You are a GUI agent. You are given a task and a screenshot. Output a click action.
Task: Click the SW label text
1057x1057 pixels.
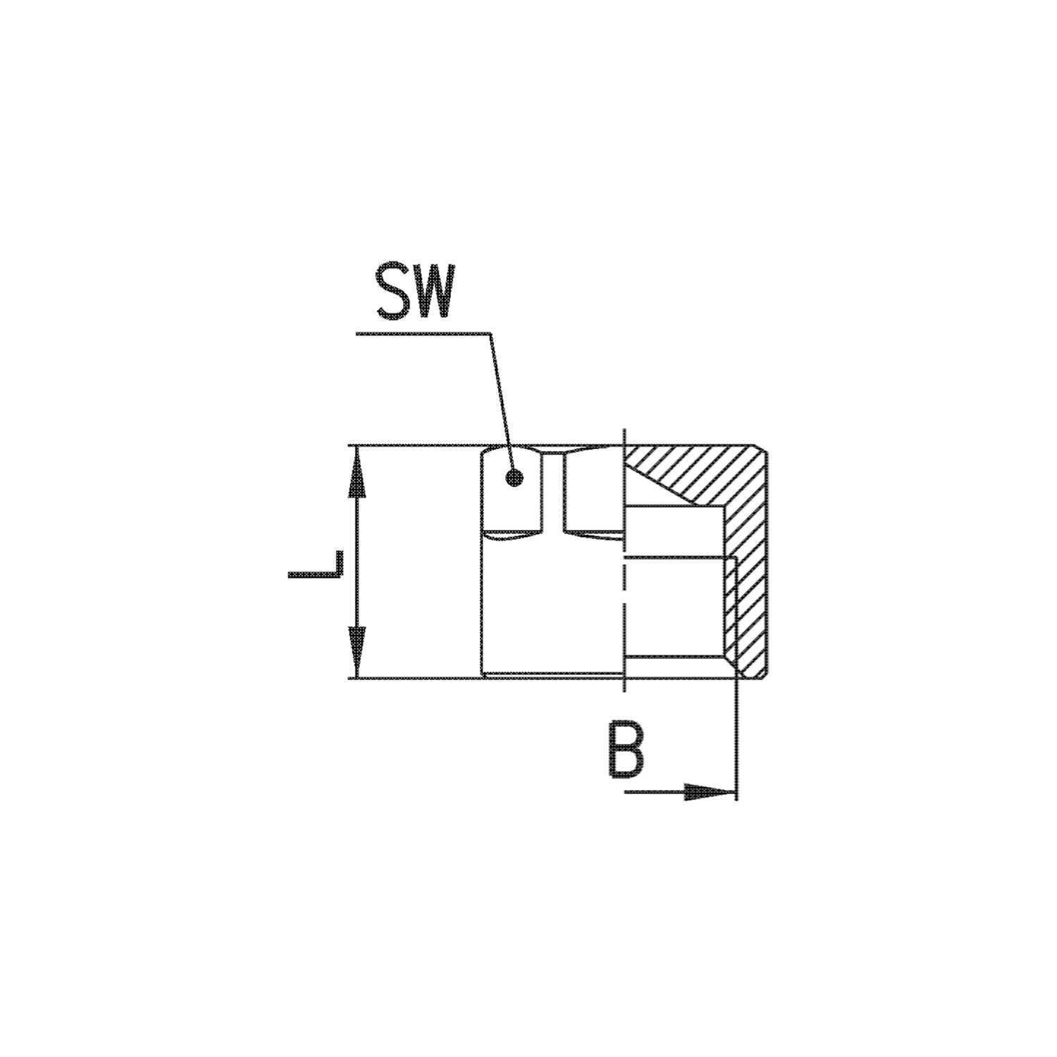coord(413,292)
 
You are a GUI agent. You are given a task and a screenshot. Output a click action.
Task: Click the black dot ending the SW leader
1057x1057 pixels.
coord(515,478)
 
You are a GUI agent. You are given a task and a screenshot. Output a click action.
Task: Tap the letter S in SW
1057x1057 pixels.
coord(393,292)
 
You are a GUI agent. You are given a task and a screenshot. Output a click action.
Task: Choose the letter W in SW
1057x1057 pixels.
coord(431,292)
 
